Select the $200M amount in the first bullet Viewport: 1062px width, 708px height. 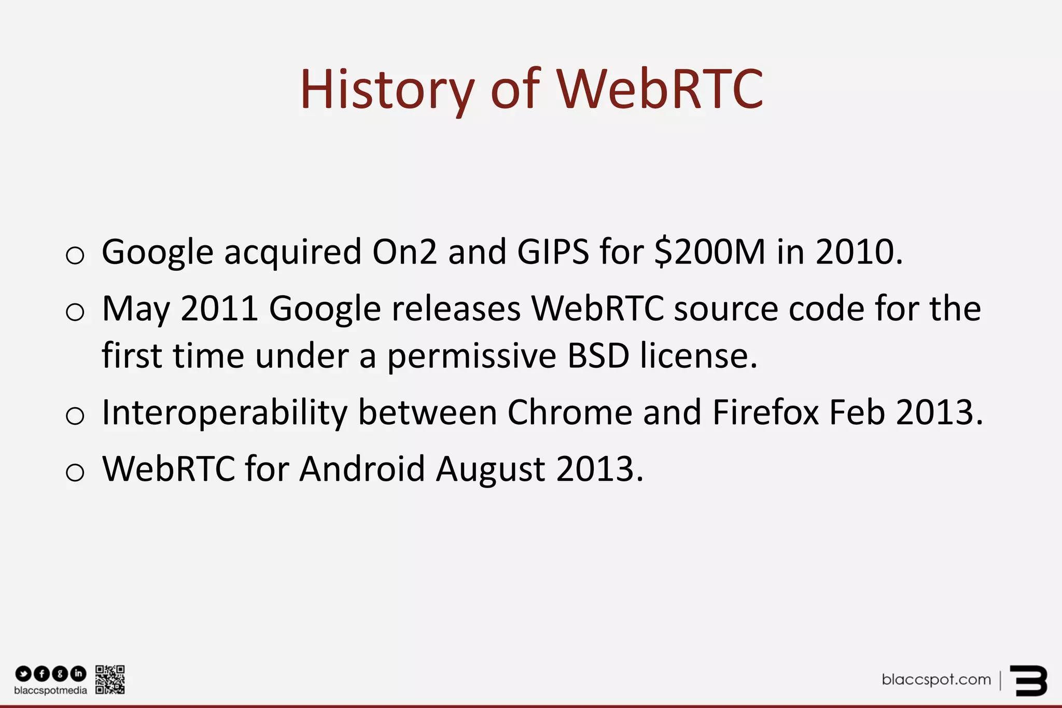coord(710,252)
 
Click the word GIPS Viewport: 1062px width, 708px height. coord(553,252)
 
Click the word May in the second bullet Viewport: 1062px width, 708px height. coord(136,309)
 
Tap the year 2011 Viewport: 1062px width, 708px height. coord(219,309)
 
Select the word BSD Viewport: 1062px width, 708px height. coord(598,356)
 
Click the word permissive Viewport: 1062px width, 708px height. coord(472,357)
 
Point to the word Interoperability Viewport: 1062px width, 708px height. coord(225,413)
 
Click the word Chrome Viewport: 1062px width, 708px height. coord(569,413)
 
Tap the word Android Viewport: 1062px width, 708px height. coord(362,469)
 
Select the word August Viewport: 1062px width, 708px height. coord(491,470)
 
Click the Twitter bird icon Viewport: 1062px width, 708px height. coord(23,674)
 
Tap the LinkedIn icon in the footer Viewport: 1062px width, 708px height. coord(78,674)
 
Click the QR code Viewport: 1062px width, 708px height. coord(110,679)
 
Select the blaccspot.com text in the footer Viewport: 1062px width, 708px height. coord(936,679)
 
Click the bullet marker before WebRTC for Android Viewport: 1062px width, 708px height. coord(75,472)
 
